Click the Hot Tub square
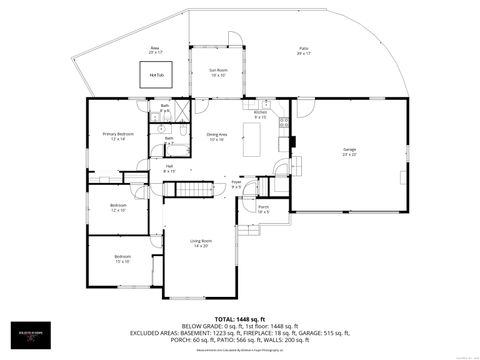tap(157, 75)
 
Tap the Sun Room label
tap(218, 73)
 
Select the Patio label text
tap(303, 51)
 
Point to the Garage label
tap(350, 151)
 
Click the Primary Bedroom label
tap(118, 136)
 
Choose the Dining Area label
tap(217, 136)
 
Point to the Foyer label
tap(237, 185)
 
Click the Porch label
tap(264, 210)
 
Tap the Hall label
tap(169, 169)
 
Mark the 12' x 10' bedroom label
tap(118, 208)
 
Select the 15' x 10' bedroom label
tap(122, 259)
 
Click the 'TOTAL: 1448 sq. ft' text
tap(240, 321)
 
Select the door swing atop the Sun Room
tap(231, 39)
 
